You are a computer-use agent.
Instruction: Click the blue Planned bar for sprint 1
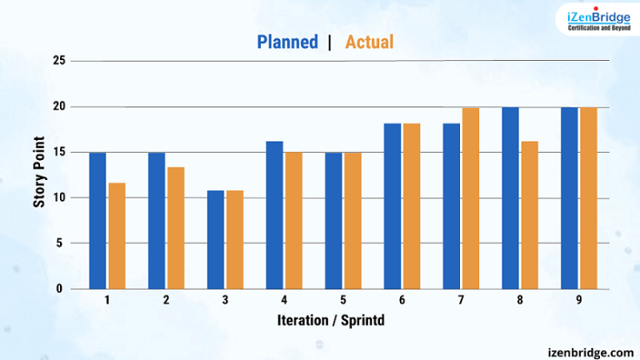click(x=97, y=220)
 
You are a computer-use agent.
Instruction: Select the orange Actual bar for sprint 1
click(x=117, y=236)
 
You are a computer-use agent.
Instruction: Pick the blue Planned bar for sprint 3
click(x=214, y=239)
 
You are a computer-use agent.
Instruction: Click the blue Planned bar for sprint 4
click(x=274, y=214)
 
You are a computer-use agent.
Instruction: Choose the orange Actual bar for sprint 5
click(x=352, y=220)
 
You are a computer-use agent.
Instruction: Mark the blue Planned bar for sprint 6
click(x=392, y=206)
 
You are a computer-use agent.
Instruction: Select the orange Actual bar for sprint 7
click(x=470, y=198)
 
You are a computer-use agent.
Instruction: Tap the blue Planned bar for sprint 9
click(x=569, y=198)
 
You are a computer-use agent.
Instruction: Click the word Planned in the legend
click(x=287, y=42)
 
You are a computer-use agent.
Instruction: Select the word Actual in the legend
click(x=369, y=42)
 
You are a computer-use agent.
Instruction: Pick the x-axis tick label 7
click(x=462, y=300)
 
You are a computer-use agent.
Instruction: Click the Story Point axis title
click(x=38, y=175)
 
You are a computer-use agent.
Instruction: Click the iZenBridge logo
click(x=598, y=18)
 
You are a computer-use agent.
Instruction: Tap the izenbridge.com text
click(x=590, y=351)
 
